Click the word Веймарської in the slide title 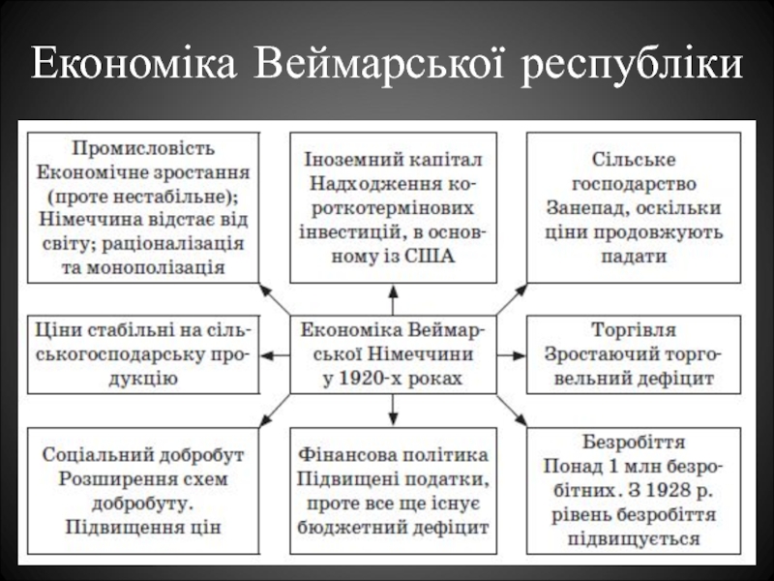[x=379, y=63]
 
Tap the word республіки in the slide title [x=633, y=65]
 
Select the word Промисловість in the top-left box [x=143, y=149]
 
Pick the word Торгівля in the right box [x=634, y=330]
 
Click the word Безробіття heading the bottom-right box [x=634, y=442]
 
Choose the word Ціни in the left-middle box [x=53, y=330]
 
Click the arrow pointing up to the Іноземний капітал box [x=393, y=300]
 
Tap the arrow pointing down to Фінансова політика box [x=393, y=410]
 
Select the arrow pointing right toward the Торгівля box [x=512, y=355]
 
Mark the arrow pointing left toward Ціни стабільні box [x=275, y=355]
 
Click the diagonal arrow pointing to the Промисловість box [x=275, y=299]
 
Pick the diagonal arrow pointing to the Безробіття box [x=512, y=410]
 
